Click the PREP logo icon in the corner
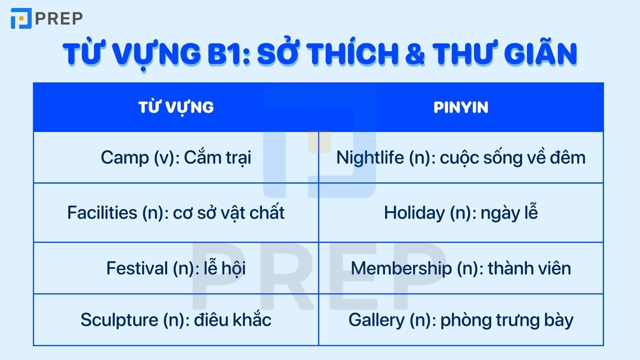[x=21, y=19]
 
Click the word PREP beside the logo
[x=59, y=18]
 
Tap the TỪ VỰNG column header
[x=176, y=107]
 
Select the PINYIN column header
[x=461, y=107]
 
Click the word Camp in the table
[x=124, y=158]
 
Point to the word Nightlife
[x=370, y=158]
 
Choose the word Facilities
[x=102, y=213]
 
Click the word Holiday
[x=414, y=213]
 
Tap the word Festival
[x=137, y=268]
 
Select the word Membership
[x=401, y=268]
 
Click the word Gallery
[x=376, y=320]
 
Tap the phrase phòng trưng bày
[x=507, y=320]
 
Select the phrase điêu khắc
[x=233, y=320]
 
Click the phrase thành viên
[x=529, y=268]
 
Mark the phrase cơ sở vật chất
[x=228, y=213]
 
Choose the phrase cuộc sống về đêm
[x=512, y=158]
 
